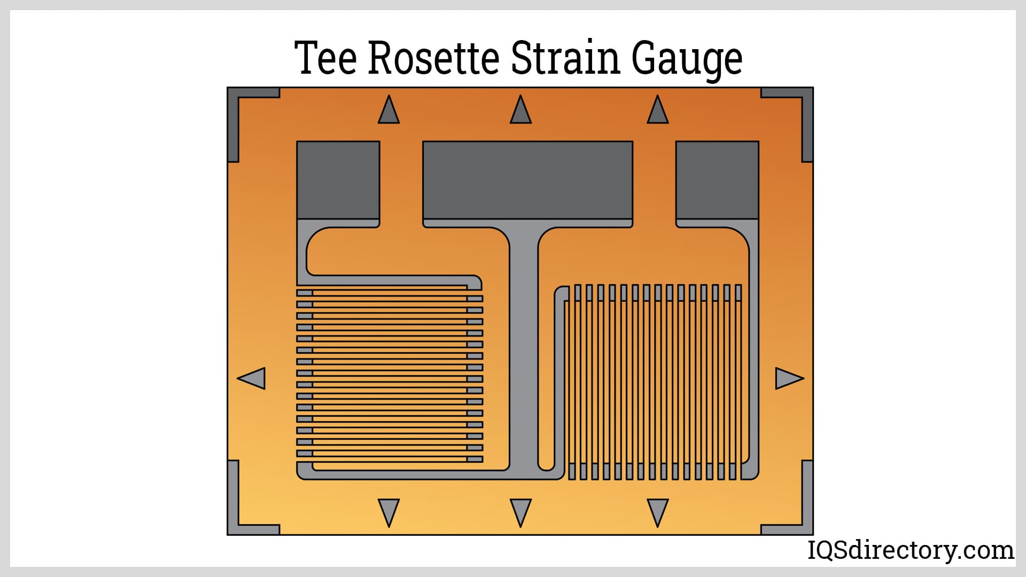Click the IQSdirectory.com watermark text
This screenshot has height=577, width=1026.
911,550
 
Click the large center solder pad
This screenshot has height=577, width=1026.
527,180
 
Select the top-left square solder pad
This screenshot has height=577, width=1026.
338,180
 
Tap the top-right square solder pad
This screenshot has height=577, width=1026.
717,180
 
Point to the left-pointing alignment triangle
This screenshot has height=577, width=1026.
252,378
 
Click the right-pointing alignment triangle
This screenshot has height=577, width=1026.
788,378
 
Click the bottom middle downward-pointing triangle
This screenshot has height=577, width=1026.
520,511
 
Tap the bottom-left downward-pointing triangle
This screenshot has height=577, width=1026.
388,511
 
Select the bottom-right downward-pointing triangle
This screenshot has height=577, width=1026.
658,511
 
